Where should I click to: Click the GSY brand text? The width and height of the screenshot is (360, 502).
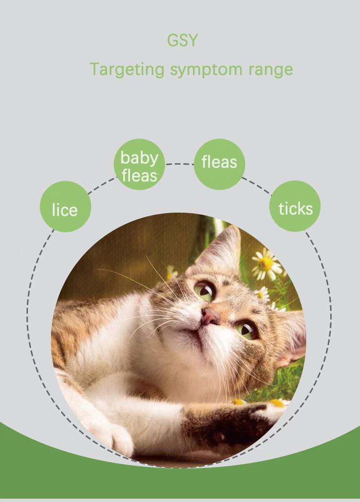[x=182, y=40]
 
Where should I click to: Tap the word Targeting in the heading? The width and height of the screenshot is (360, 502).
[x=127, y=69]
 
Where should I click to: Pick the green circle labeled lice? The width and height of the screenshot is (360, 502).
[x=65, y=207]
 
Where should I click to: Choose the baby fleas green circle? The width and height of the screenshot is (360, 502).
[x=139, y=165]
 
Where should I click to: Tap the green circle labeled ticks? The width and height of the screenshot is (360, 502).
[x=295, y=206]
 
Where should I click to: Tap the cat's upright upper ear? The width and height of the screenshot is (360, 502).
[x=225, y=250]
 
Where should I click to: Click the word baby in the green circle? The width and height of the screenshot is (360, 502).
[x=139, y=157]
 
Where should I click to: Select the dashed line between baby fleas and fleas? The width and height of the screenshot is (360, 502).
[x=179, y=164]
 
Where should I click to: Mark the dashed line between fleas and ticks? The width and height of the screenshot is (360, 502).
[x=256, y=185]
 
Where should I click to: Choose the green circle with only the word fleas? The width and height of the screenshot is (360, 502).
[x=219, y=164]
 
